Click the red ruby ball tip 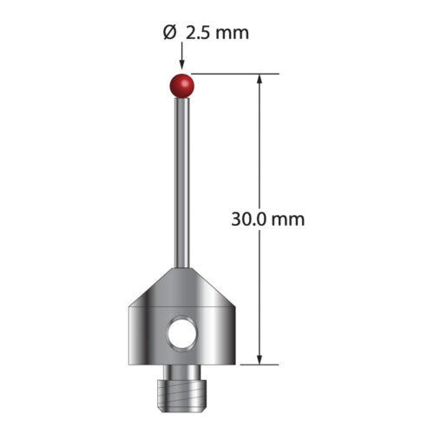tap(181, 86)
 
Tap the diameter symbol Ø tap(169, 33)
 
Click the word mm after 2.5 tap(233, 35)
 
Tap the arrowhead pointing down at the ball tap(181, 65)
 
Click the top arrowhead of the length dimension tap(260, 79)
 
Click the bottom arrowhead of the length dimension tap(260, 359)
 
